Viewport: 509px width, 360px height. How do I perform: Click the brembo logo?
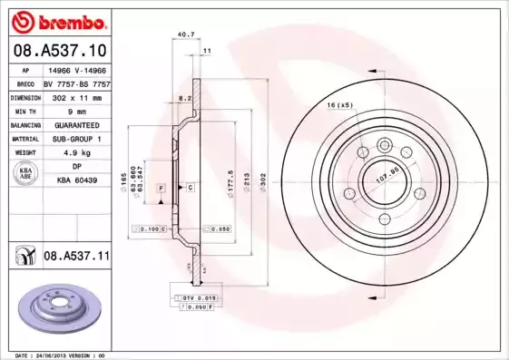[x=57, y=19]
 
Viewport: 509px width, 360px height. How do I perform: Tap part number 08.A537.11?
[x=76, y=257]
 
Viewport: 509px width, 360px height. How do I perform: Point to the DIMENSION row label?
[x=26, y=95]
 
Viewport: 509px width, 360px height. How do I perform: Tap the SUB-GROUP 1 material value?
[x=75, y=139]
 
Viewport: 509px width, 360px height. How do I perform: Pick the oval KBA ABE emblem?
[x=26, y=174]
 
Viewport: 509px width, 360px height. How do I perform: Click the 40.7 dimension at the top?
[x=186, y=34]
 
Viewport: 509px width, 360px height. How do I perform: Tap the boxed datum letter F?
[x=161, y=187]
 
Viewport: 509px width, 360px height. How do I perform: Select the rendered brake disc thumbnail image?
[x=55, y=309]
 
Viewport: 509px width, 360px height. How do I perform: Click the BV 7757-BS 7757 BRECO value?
[x=76, y=82]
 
